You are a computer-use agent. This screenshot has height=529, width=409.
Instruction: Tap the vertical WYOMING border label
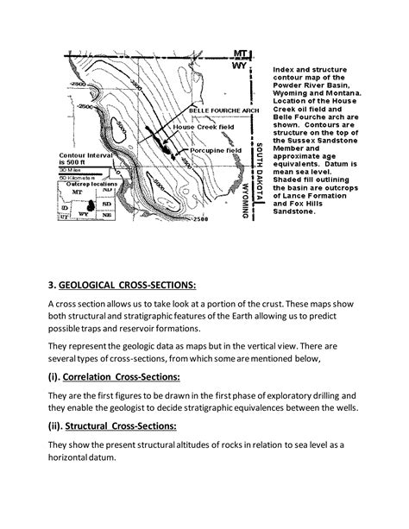point(247,196)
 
